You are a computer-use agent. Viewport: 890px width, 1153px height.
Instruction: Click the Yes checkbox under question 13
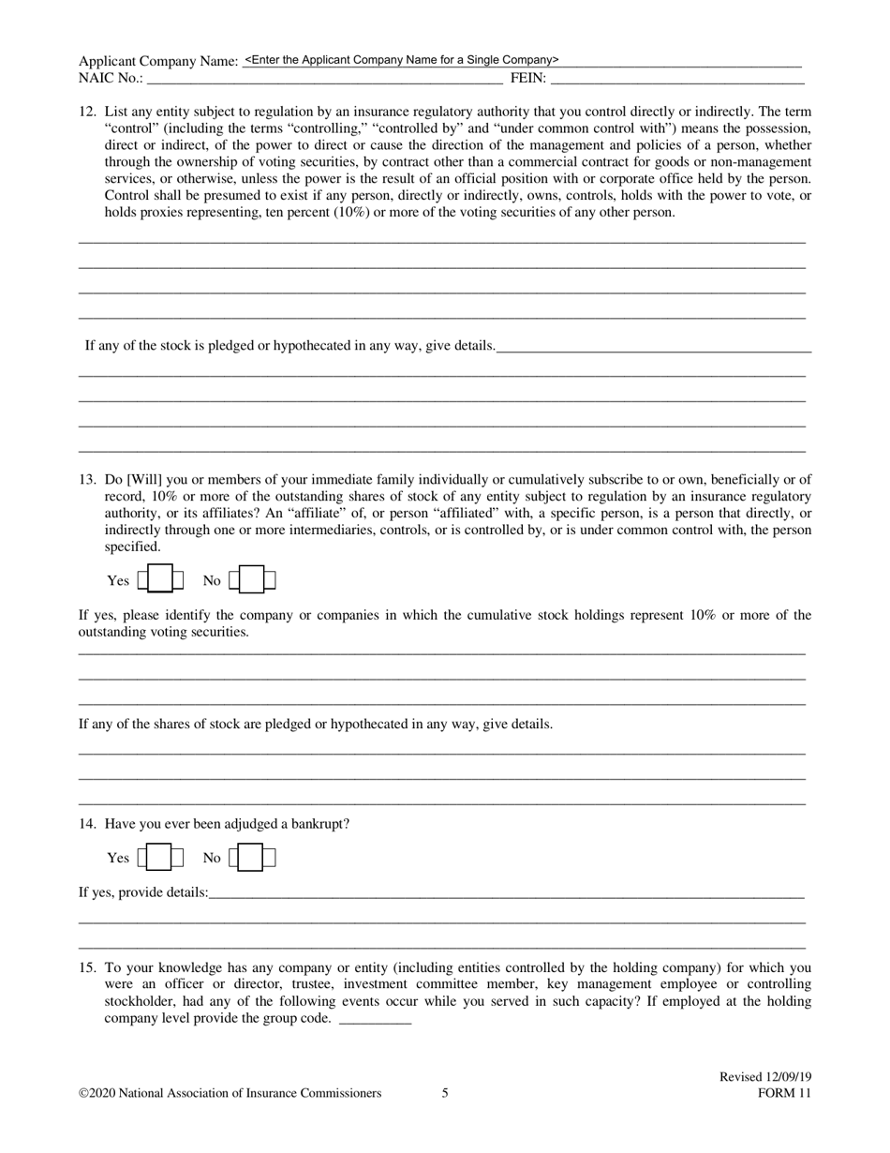(160, 580)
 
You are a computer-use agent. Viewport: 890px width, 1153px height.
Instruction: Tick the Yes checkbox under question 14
(160, 858)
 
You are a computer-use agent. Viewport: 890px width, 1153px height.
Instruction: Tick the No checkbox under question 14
(251, 858)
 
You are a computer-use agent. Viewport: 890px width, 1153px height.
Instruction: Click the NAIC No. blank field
(323, 79)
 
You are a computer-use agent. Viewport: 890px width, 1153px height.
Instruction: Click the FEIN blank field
(675, 79)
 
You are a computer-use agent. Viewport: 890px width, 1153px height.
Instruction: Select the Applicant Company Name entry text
(401, 59)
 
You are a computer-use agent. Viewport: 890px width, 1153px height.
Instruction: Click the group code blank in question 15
(374, 1019)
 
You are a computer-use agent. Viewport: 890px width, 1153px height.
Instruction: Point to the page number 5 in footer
(445, 1093)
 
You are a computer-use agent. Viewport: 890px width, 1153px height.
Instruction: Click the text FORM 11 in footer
(784, 1093)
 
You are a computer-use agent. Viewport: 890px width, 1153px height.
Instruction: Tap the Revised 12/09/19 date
(764, 1077)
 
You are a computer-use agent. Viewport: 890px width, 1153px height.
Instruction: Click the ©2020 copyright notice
(230, 1093)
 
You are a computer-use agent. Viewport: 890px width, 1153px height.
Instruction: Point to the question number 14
(87, 824)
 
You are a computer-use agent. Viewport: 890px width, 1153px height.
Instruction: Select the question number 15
(87, 967)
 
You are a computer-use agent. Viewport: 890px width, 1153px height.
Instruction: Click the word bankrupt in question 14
(319, 824)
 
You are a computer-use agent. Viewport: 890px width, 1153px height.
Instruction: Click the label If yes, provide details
(143, 892)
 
